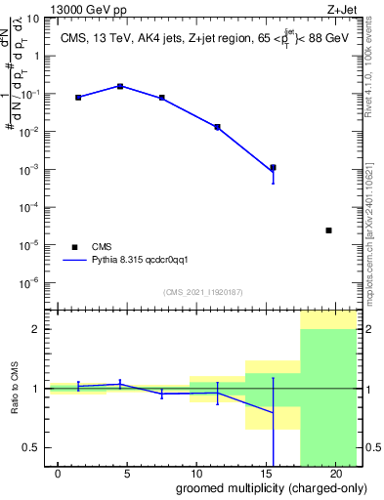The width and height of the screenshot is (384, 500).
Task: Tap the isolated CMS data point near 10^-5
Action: tap(328, 230)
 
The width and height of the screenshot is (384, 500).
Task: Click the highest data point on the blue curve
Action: tap(119, 86)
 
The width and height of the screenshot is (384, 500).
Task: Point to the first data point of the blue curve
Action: tap(78, 98)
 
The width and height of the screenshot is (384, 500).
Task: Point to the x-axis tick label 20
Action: tap(334, 474)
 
